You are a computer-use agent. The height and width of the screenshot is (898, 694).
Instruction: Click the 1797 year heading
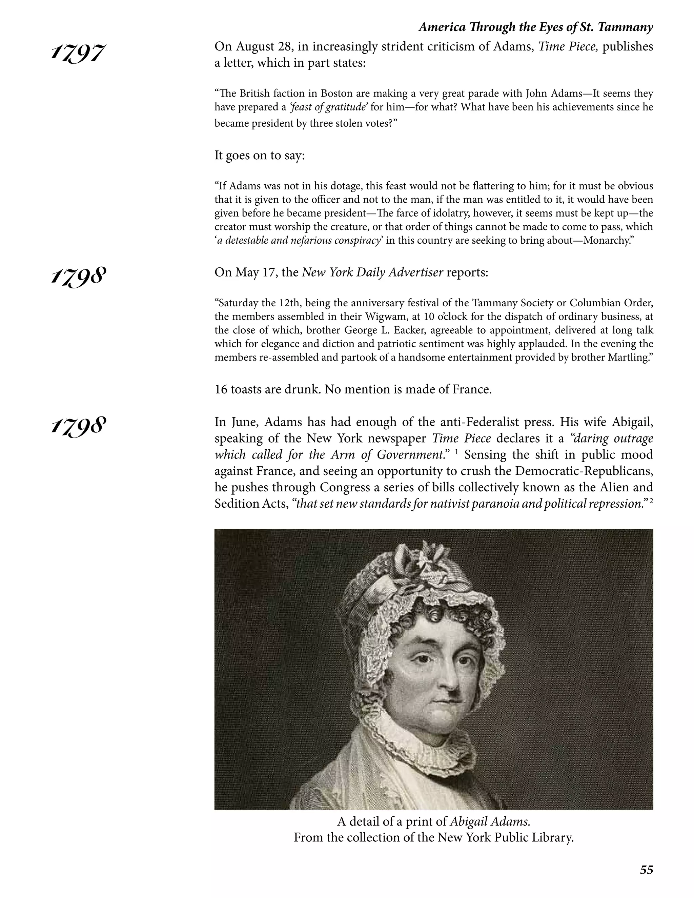[78, 54]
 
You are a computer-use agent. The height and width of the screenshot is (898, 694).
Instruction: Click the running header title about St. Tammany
[535, 27]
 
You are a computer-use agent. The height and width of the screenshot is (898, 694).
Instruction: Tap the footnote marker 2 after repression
[651, 501]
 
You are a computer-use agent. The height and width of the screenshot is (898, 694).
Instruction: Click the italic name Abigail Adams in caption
[489, 821]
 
